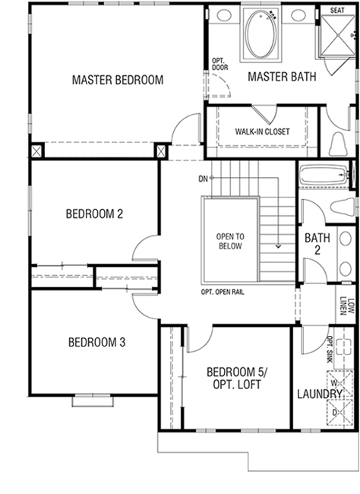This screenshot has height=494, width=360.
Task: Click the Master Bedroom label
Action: [x=118, y=80]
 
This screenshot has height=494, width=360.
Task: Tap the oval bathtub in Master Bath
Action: [x=261, y=34]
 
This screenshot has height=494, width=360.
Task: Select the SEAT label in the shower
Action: [x=337, y=11]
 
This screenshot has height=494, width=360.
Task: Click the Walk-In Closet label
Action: [x=262, y=131]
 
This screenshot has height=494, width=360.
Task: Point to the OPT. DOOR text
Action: [x=219, y=64]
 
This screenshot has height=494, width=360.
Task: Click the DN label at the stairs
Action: [x=203, y=179]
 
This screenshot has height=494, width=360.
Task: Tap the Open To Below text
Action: [x=230, y=242]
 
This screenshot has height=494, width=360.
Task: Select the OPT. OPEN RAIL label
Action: [x=223, y=292]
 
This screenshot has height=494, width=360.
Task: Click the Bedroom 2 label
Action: [x=94, y=214]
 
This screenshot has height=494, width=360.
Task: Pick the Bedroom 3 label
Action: [x=96, y=342]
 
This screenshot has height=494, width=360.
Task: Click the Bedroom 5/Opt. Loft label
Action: [x=237, y=378]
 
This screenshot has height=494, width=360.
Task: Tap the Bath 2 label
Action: [x=317, y=243]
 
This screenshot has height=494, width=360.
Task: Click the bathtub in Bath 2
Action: [x=324, y=175]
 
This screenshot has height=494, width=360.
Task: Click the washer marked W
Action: [x=339, y=384]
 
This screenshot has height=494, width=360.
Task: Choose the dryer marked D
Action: [x=339, y=412]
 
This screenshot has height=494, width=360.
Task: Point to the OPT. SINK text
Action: [x=330, y=350]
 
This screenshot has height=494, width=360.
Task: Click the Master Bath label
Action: [x=282, y=77]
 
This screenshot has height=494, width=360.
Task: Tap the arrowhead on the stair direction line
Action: [x=278, y=246]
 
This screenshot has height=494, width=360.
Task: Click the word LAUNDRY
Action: [x=320, y=394]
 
